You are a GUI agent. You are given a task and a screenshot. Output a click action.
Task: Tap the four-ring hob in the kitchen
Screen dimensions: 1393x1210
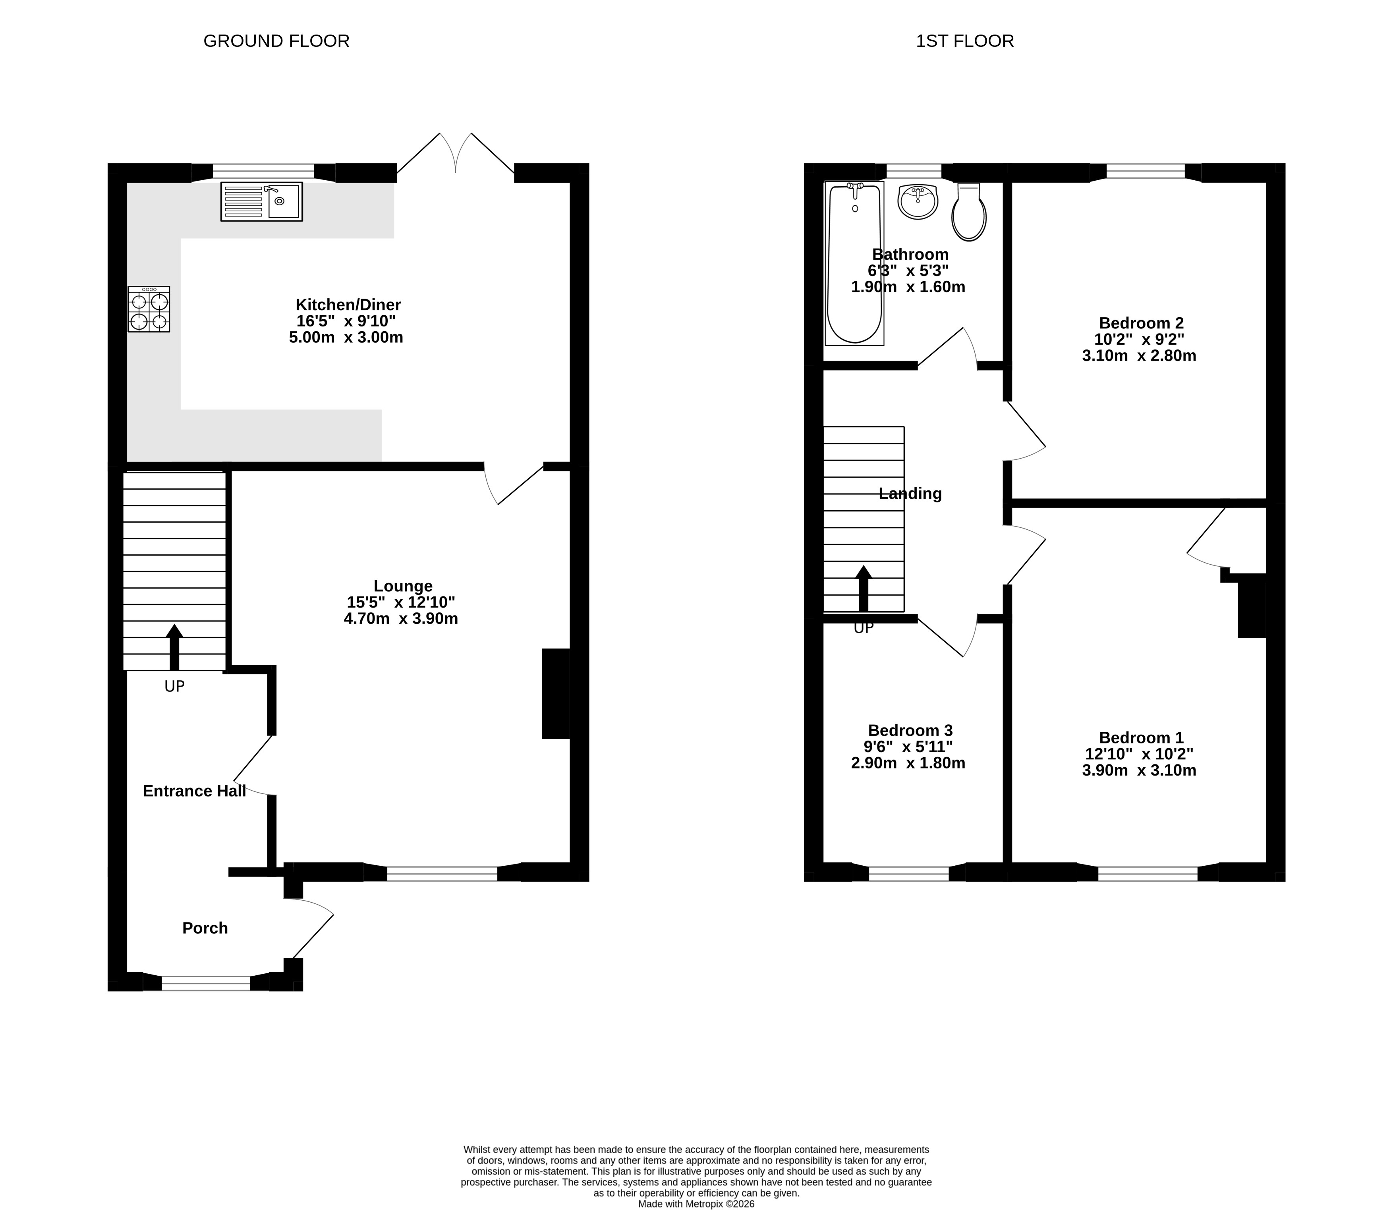(x=149, y=309)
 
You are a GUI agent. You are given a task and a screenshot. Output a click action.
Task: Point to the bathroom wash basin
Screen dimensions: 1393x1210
(x=918, y=201)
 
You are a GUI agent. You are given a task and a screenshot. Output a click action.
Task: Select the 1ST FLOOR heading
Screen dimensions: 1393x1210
(x=964, y=41)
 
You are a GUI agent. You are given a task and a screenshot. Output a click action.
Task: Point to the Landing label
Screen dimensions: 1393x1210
(x=910, y=494)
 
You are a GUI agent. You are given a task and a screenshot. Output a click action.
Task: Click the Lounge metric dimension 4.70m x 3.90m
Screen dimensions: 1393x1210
(x=401, y=619)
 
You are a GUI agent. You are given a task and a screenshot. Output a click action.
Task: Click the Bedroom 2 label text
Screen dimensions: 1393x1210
(x=1141, y=323)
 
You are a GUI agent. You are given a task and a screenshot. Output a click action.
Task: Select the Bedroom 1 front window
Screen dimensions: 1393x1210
(x=1148, y=873)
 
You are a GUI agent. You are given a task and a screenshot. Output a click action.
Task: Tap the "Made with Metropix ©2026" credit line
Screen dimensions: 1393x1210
(x=696, y=1203)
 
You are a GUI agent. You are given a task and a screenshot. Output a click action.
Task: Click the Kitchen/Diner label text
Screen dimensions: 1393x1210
(x=348, y=305)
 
